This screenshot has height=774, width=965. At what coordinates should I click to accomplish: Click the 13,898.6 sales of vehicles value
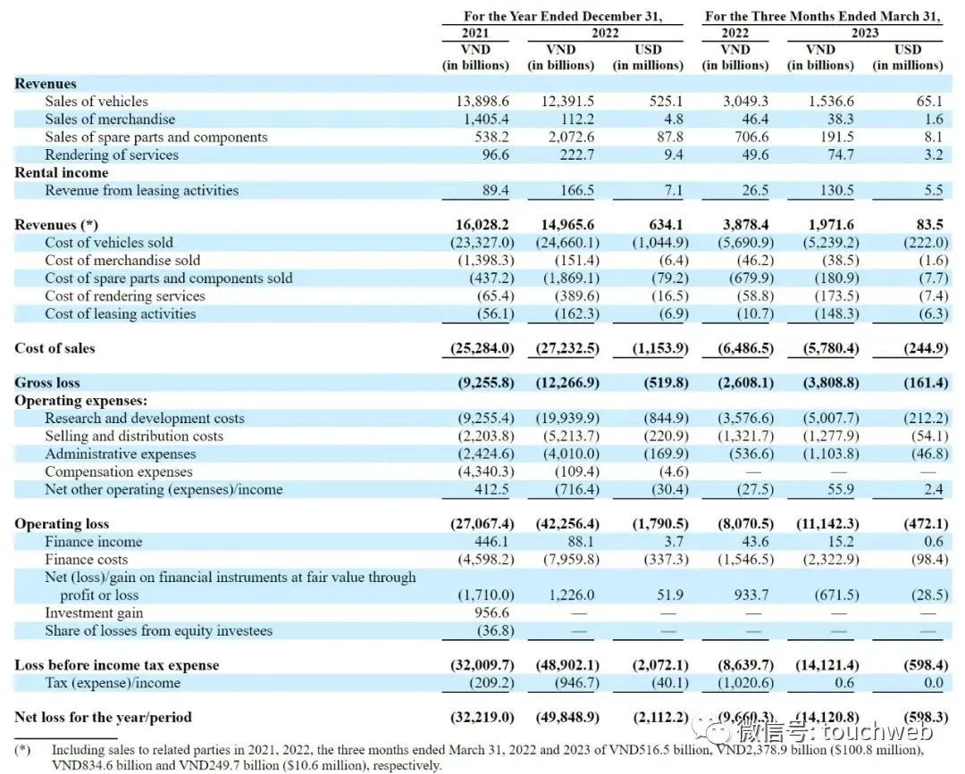482,102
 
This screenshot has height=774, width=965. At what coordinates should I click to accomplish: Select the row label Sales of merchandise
110,120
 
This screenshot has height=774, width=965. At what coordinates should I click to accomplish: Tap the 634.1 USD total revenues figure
661,225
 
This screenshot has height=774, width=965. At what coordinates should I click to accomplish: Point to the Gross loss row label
46,383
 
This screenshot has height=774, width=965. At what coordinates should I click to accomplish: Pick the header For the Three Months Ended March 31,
824,16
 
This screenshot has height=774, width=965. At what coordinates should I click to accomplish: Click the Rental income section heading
61,172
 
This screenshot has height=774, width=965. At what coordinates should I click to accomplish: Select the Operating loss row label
62,524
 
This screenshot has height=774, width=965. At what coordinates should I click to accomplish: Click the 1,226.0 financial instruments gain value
574,595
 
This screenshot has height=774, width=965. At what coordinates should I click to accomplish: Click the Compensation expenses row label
118,471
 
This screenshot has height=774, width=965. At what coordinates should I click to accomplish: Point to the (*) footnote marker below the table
22,750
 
